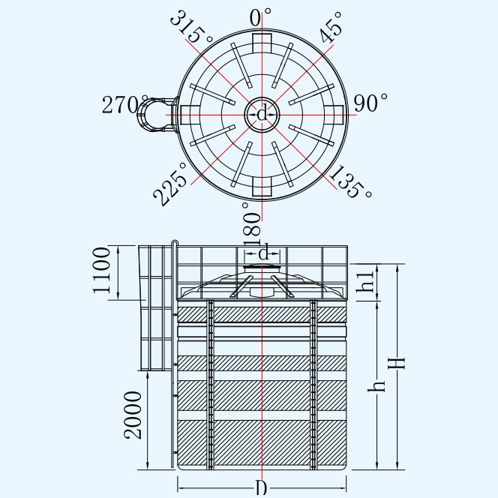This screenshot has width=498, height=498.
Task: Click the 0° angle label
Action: point(260,17)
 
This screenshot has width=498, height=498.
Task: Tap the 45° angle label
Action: point(331,27)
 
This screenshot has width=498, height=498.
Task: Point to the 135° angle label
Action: point(350,181)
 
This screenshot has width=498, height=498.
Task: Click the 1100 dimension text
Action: point(102,270)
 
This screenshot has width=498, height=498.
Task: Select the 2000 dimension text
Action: point(133,415)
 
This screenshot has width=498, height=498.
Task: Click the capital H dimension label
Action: point(397,363)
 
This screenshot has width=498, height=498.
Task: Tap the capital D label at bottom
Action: point(262,487)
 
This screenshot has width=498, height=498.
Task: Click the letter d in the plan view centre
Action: point(262,114)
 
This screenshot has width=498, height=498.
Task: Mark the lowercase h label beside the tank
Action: point(376,385)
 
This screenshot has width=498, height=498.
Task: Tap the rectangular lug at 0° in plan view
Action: point(262,43)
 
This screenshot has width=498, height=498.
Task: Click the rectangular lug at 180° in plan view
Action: point(262,187)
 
